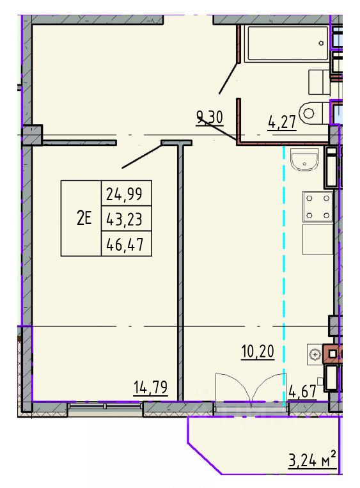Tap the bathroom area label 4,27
(x=282, y=120)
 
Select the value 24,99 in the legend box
(x=126, y=191)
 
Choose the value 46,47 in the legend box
(x=126, y=244)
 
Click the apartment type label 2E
(x=84, y=219)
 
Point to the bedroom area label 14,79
(x=151, y=387)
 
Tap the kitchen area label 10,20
(x=258, y=351)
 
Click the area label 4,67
(x=302, y=391)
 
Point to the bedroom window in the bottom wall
(x=104, y=405)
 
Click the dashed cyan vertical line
(x=284, y=269)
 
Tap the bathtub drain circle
(x=322, y=42)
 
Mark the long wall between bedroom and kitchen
(x=180, y=269)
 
